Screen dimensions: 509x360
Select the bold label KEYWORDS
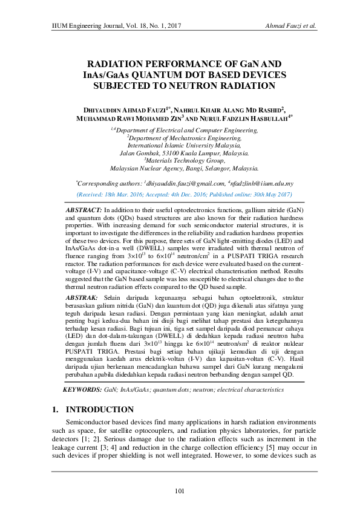(83, 391)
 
